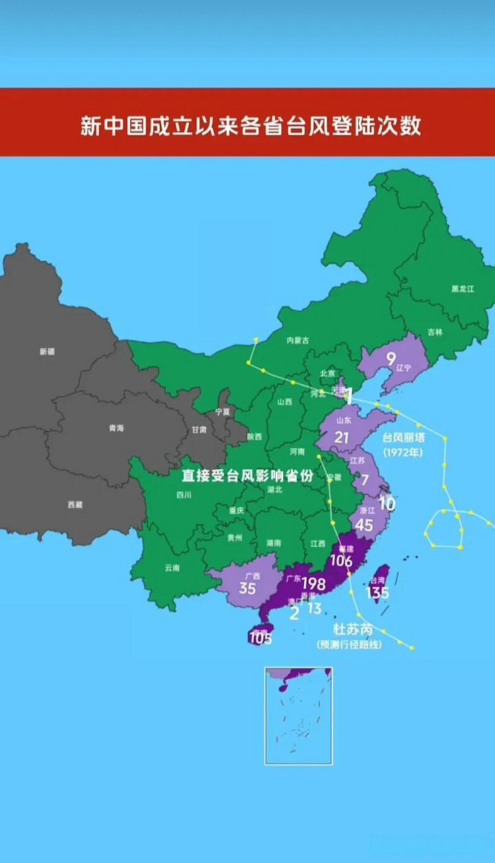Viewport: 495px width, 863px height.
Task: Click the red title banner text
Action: [x=251, y=126]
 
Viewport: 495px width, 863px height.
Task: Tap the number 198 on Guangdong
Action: [x=314, y=584]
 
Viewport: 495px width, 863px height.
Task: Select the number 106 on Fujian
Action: [x=341, y=560]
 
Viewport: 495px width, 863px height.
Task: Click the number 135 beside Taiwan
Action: [x=377, y=593]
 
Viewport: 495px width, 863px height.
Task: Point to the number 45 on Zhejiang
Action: [x=363, y=525]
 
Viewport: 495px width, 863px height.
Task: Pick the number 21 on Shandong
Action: [x=342, y=438]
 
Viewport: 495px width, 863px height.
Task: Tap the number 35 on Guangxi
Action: [x=247, y=588]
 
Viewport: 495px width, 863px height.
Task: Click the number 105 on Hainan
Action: [x=260, y=638]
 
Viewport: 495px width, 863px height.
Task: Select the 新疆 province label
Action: [x=47, y=351]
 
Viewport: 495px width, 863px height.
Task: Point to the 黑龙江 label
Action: [x=463, y=289]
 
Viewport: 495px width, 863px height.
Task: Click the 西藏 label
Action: [x=75, y=504]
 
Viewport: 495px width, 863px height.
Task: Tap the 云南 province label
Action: [x=172, y=568]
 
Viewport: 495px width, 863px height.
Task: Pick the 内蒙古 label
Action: [x=297, y=340]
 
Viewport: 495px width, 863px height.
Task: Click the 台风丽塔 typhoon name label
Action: [x=404, y=438]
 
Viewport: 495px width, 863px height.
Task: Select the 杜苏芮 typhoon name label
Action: [x=353, y=630]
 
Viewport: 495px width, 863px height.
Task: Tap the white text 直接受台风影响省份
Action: [x=247, y=475]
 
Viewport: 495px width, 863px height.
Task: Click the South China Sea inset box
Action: [x=298, y=715]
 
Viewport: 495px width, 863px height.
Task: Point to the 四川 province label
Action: [x=184, y=494]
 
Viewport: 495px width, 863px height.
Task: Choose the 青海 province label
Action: [x=116, y=428]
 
